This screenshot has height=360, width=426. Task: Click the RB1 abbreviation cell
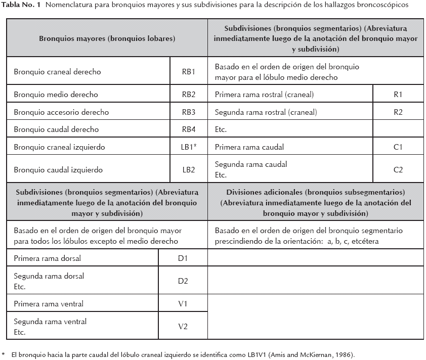click(x=188, y=72)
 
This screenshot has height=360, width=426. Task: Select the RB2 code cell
click(x=188, y=95)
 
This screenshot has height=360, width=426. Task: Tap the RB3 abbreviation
click(x=188, y=112)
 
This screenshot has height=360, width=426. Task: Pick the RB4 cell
click(x=188, y=129)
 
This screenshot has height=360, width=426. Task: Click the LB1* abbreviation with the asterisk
click(x=189, y=147)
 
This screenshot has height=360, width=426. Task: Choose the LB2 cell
click(x=188, y=170)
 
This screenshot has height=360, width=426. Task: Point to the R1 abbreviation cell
click(x=398, y=95)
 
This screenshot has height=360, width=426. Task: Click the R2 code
click(x=398, y=112)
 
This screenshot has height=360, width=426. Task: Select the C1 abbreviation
click(x=398, y=147)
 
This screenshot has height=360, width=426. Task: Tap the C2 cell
click(x=398, y=170)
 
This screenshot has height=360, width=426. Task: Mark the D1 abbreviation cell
click(x=183, y=258)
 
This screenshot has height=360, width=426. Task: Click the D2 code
click(x=183, y=281)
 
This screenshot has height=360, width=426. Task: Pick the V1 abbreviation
click(x=183, y=304)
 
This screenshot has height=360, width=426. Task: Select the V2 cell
click(x=183, y=327)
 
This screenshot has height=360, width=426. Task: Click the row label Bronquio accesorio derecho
click(x=61, y=112)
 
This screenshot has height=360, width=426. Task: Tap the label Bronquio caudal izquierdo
click(x=58, y=170)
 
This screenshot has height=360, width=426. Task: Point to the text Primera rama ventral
click(x=49, y=304)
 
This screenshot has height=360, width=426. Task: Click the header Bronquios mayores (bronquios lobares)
click(x=107, y=38)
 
